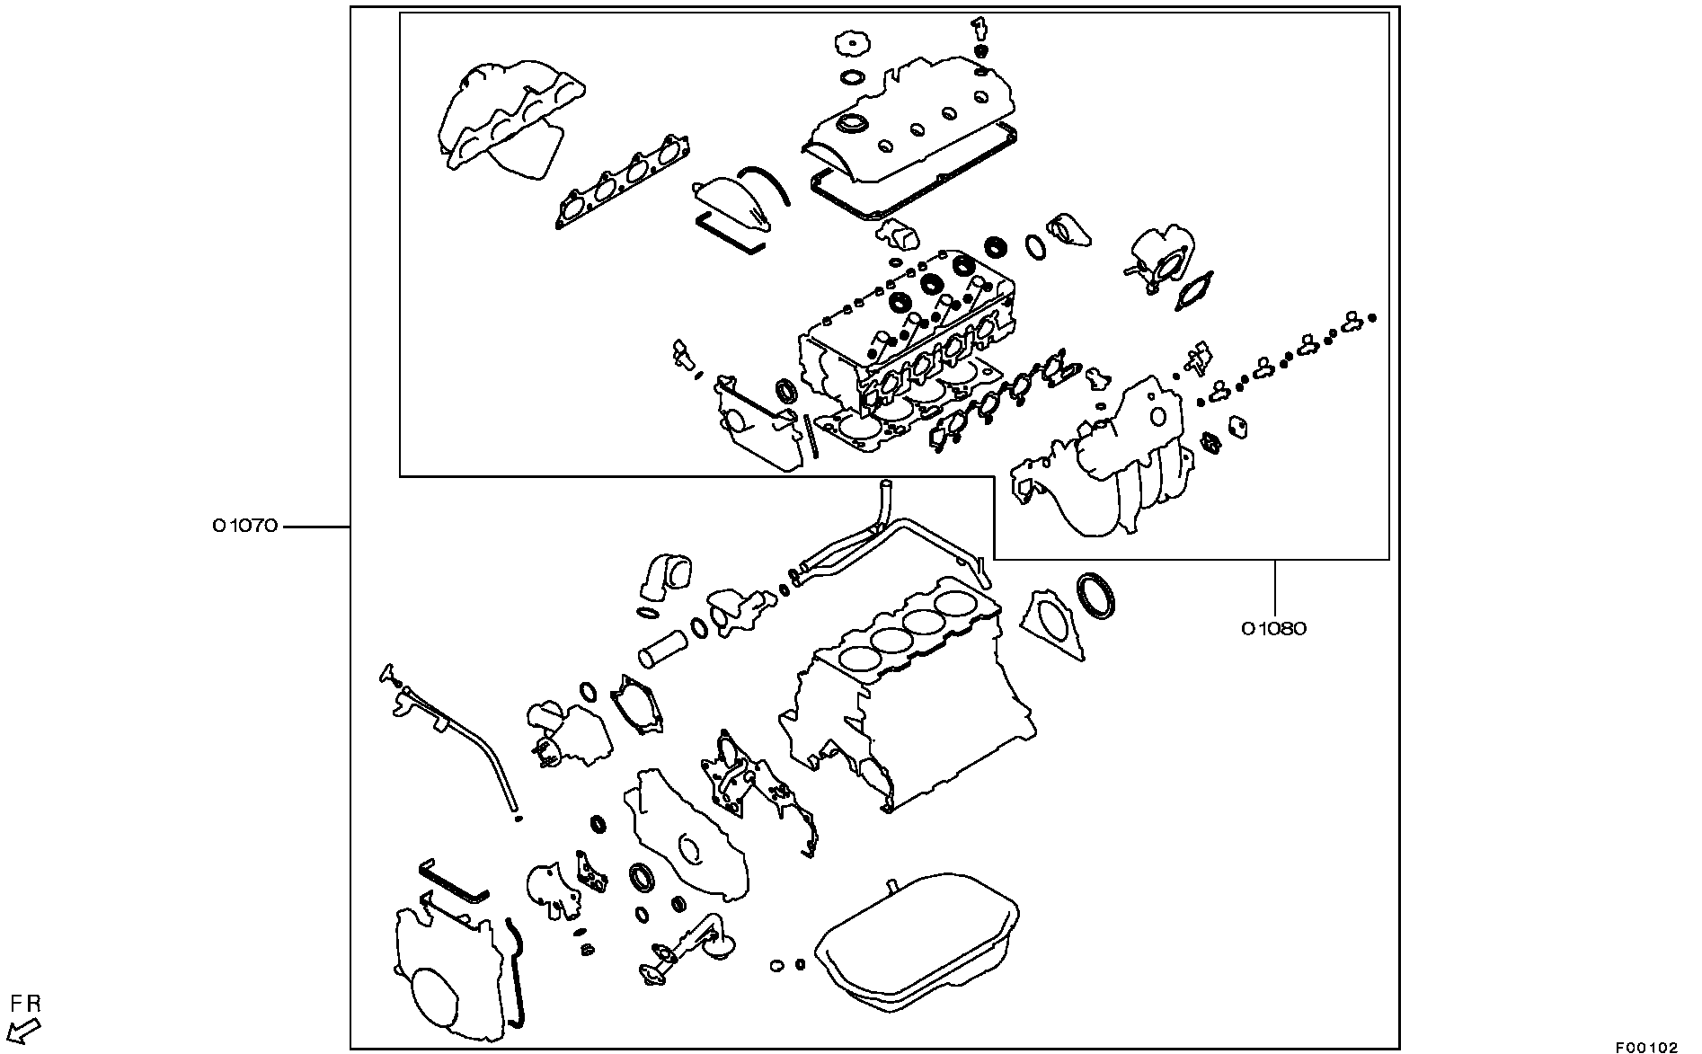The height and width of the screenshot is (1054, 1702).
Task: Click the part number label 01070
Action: (245, 527)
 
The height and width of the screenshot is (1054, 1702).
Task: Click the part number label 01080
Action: (1274, 629)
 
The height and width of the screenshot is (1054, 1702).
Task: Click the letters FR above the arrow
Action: (25, 1004)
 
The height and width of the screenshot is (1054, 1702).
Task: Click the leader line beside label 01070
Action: (316, 527)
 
